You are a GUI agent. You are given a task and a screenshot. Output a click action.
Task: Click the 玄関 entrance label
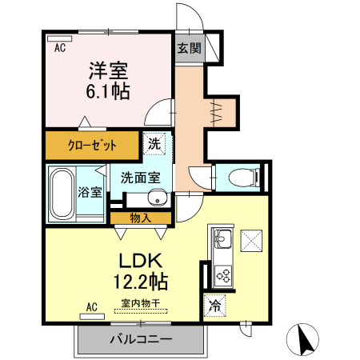click(190, 48)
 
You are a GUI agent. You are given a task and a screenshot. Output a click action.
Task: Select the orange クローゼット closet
click(93, 145)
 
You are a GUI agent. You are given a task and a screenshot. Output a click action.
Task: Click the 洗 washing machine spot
click(154, 145)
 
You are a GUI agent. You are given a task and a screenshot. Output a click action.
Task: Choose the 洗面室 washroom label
click(141, 178)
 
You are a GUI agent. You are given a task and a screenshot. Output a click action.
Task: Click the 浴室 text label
click(89, 193)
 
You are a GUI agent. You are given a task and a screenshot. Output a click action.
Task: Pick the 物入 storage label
click(140, 217)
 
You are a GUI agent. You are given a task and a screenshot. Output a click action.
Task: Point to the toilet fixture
click(240, 176)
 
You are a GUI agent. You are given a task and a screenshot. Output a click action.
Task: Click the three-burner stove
click(222, 275)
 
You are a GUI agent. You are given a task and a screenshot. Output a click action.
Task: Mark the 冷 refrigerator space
click(214, 305)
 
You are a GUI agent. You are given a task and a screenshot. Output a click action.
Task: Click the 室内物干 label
click(141, 304)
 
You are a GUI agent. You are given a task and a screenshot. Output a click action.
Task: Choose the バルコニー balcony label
click(141, 340)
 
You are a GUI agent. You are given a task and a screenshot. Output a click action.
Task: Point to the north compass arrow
click(305, 339)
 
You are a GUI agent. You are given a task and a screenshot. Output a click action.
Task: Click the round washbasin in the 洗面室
click(158, 198)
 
